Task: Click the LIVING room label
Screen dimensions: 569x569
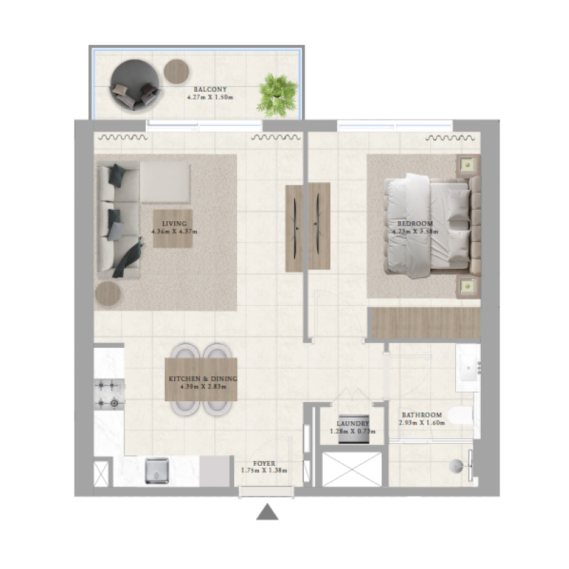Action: (174, 223)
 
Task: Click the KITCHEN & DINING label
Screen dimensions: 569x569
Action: (203, 379)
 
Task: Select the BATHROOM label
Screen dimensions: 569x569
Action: (422, 415)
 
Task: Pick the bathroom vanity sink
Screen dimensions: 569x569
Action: (469, 368)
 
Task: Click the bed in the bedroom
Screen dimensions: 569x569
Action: (427, 223)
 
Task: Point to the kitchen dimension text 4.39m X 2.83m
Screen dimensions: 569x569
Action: (203, 388)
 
